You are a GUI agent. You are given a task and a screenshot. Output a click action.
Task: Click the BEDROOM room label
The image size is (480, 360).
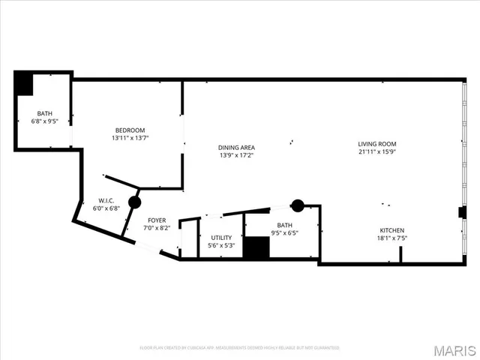pyautogui.click(x=130, y=129)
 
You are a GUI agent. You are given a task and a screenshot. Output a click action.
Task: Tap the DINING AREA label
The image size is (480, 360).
pyautogui.click(x=237, y=147)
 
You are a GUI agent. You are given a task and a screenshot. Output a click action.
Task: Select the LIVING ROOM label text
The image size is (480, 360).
pyautogui.click(x=376, y=144)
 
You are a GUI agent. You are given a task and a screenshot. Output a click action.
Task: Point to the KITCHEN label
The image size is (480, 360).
pyautogui.click(x=391, y=230)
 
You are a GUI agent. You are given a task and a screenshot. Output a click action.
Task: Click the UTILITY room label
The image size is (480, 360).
pyautogui.click(x=220, y=237)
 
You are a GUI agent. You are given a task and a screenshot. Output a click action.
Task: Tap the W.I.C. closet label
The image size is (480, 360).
pyautogui.click(x=105, y=200)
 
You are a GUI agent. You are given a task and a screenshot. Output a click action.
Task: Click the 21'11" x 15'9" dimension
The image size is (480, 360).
pyautogui.click(x=376, y=152)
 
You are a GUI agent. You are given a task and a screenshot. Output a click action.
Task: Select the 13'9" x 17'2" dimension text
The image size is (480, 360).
pyautogui.click(x=237, y=155)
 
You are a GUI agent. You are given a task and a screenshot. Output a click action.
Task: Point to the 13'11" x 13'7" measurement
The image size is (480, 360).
pyautogui.click(x=130, y=137)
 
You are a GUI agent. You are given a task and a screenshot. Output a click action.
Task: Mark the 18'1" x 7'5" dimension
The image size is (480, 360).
pyautogui.click(x=391, y=238)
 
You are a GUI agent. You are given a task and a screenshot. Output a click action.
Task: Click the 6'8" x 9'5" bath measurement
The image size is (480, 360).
pyautogui.click(x=45, y=121)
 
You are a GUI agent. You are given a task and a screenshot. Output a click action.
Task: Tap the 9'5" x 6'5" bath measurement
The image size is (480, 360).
pyautogui.click(x=284, y=233)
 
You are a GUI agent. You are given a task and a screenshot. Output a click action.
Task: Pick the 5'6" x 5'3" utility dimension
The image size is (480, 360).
pyautogui.click(x=220, y=245)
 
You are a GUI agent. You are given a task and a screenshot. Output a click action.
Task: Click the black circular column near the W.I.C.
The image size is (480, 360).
pyautogui.click(x=134, y=202)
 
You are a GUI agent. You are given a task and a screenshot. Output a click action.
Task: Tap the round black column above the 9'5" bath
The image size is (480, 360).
pyautogui.click(x=298, y=205)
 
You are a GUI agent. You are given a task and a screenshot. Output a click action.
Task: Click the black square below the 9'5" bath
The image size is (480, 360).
pyautogui.click(x=256, y=248)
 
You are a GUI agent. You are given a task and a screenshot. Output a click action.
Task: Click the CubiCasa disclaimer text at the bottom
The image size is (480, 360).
pyautogui.click(x=240, y=348)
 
